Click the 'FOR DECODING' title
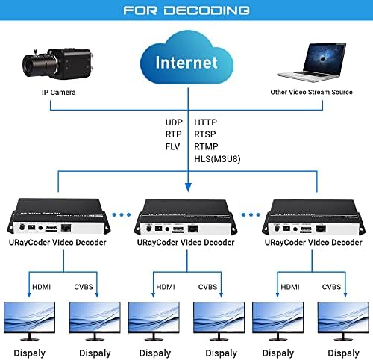pyautogui.click(x=186, y=10)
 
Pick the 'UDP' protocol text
pyautogui.click(x=173, y=121)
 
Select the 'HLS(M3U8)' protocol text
pyautogui.click(x=216, y=158)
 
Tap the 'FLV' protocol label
pyautogui.click(x=172, y=146)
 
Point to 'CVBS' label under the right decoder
pyautogui.click(x=332, y=287)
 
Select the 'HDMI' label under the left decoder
pyautogui.click(x=41, y=287)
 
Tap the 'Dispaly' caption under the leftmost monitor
pyautogui.click(x=30, y=353)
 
